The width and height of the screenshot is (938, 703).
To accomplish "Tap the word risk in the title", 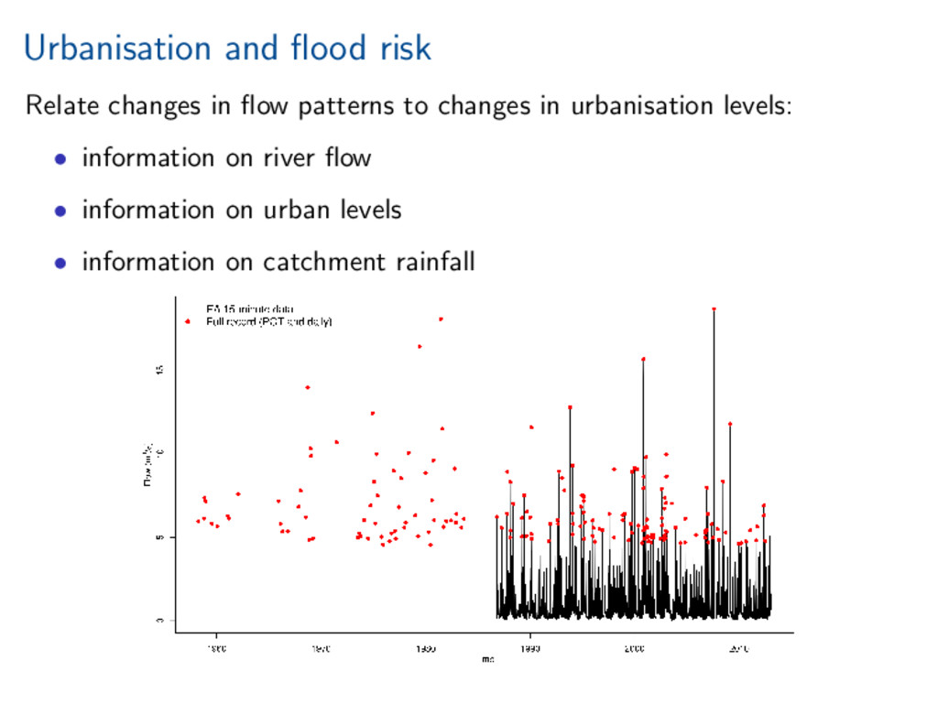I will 405,48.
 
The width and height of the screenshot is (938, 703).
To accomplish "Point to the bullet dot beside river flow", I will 60,158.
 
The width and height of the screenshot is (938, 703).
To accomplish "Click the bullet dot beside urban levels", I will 60,211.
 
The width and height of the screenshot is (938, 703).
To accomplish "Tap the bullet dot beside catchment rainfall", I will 60,263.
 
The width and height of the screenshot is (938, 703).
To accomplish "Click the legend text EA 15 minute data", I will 249,309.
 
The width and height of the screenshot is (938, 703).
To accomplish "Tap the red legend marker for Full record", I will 188,321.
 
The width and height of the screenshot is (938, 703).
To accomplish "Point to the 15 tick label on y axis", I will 159,370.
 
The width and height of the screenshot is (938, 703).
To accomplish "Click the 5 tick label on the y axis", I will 159,537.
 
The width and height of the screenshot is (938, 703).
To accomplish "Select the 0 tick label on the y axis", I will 159,621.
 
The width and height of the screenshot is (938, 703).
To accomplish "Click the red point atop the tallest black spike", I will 714,309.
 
